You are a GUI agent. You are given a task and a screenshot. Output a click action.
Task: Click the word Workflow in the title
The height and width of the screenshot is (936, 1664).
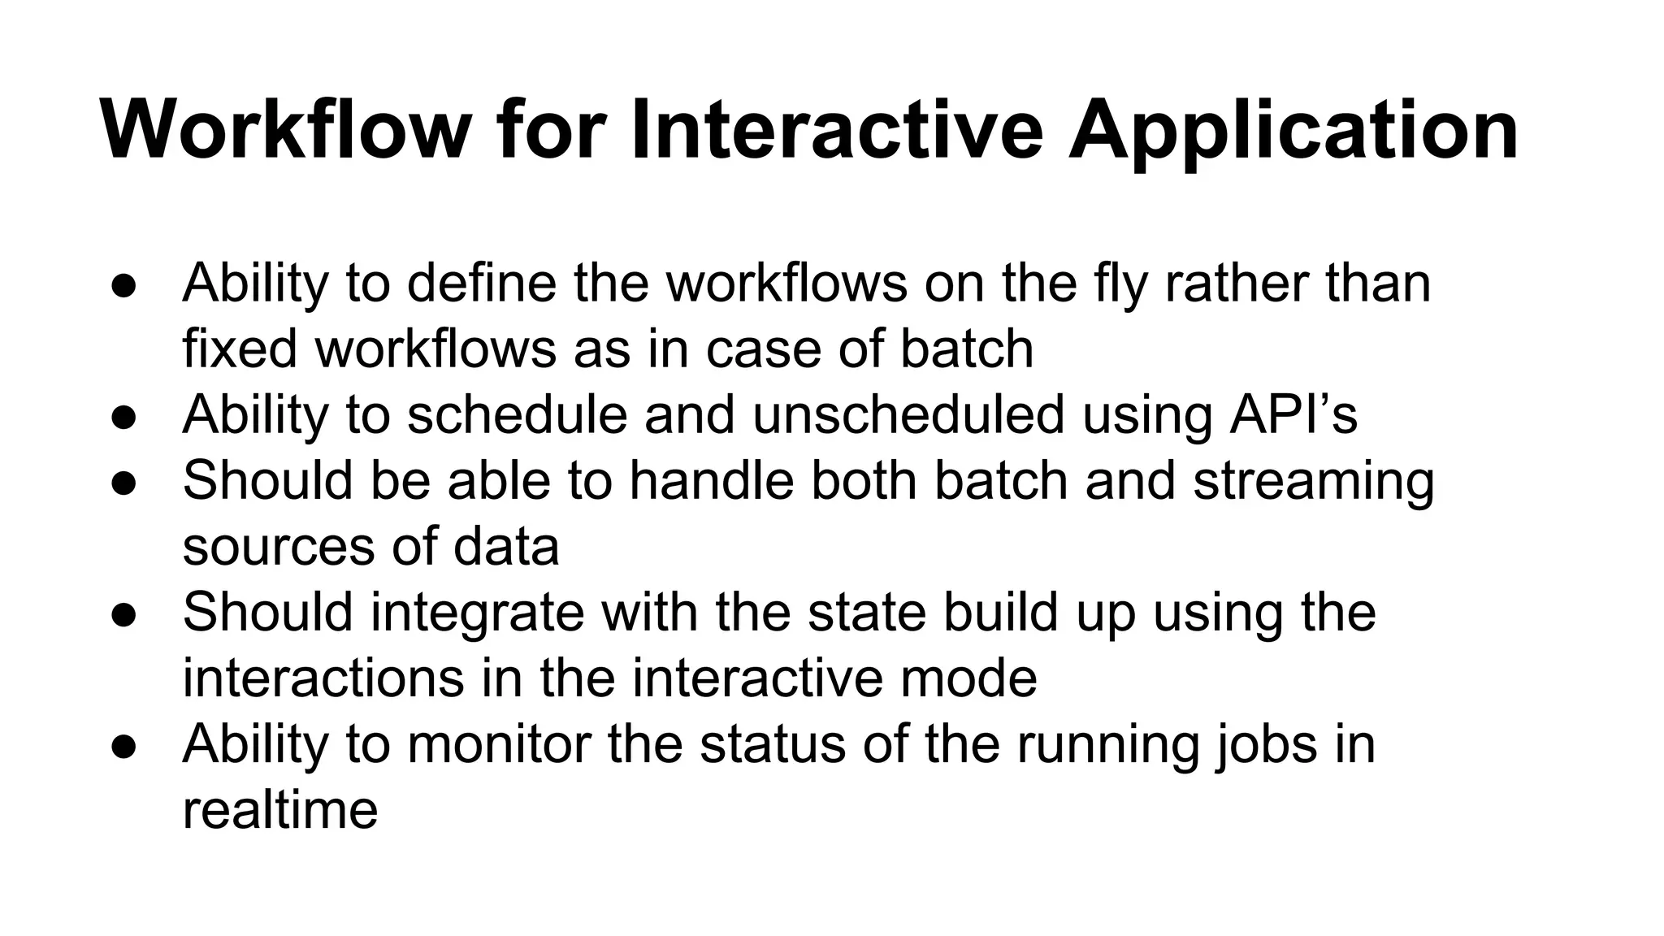pyautogui.click(x=285, y=130)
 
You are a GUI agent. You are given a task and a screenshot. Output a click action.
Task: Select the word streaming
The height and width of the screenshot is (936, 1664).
pyautogui.click(x=1313, y=481)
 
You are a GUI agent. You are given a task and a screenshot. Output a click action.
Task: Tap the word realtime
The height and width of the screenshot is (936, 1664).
pyautogui.click(x=280, y=810)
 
